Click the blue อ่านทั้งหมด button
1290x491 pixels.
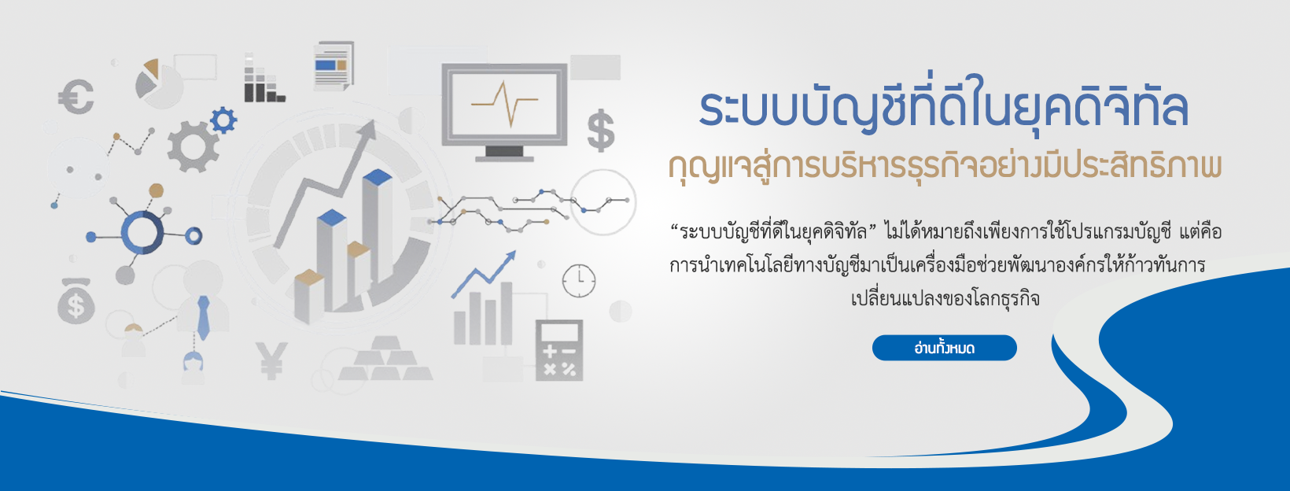(945, 348)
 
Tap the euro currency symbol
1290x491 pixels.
(76, 97)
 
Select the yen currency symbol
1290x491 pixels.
(271, 360)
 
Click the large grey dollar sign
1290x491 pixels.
(601, 131)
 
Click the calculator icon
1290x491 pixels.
(559, 350)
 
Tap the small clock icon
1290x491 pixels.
(579, 281)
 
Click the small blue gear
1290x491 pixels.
(223, 120)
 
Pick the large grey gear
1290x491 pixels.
(193, 147)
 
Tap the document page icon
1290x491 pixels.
(334, 65)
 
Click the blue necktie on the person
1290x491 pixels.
(203, 318)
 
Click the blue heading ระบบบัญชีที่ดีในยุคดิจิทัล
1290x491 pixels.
(945, 108)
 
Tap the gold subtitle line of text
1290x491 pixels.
(945, 168)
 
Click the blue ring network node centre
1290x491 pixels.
(142, 232)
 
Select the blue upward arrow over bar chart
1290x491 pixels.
(484, 274)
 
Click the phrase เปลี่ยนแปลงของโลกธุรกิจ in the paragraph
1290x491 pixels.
(945, 298)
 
